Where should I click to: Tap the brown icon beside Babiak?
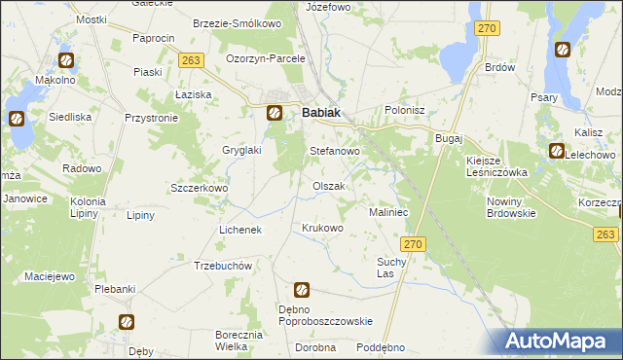point(275,113)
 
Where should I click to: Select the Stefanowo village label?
point(335,152)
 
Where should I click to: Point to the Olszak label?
point(329,186)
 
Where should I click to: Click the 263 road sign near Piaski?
point(191,60)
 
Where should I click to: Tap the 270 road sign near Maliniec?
point(413,245)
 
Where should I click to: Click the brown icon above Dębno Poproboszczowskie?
point(302,290)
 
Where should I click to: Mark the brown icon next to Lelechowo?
point(556,151)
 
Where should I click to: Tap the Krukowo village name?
point(323,229)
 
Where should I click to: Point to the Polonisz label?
point(406,111)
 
